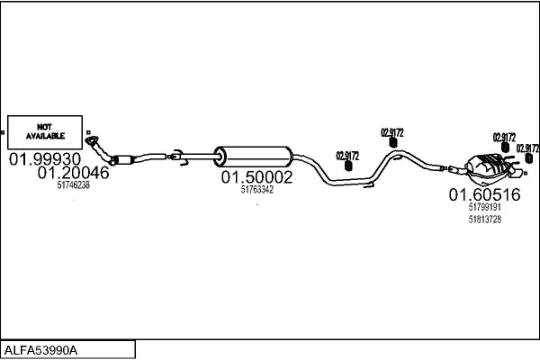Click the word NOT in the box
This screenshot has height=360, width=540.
click(44, 127)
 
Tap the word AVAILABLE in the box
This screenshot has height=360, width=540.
click(45, 136)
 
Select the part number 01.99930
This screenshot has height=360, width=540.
click(45, 159)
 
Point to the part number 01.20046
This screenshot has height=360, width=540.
click(74, 173)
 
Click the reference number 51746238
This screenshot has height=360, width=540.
click(74, 185)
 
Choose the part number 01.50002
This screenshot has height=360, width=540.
click(256, 177)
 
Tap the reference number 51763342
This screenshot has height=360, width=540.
click(256, 190)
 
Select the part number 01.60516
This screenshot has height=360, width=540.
click(484, 194)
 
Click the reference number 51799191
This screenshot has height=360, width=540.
click(484, 207)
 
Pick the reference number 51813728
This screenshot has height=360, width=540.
click(484, 220)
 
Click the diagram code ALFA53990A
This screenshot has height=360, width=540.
click(40, 351)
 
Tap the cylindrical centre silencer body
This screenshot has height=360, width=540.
click(254, 157)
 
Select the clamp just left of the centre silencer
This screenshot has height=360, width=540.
click(177, 157)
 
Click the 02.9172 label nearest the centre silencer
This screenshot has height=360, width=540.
click(347, 156)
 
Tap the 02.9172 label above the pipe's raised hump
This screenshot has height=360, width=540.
click(391, 132)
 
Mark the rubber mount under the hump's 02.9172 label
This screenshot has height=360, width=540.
click(392, 142)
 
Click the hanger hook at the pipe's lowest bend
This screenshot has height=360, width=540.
click(369, 185)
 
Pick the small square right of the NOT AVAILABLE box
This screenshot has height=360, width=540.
click(88, 132)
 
